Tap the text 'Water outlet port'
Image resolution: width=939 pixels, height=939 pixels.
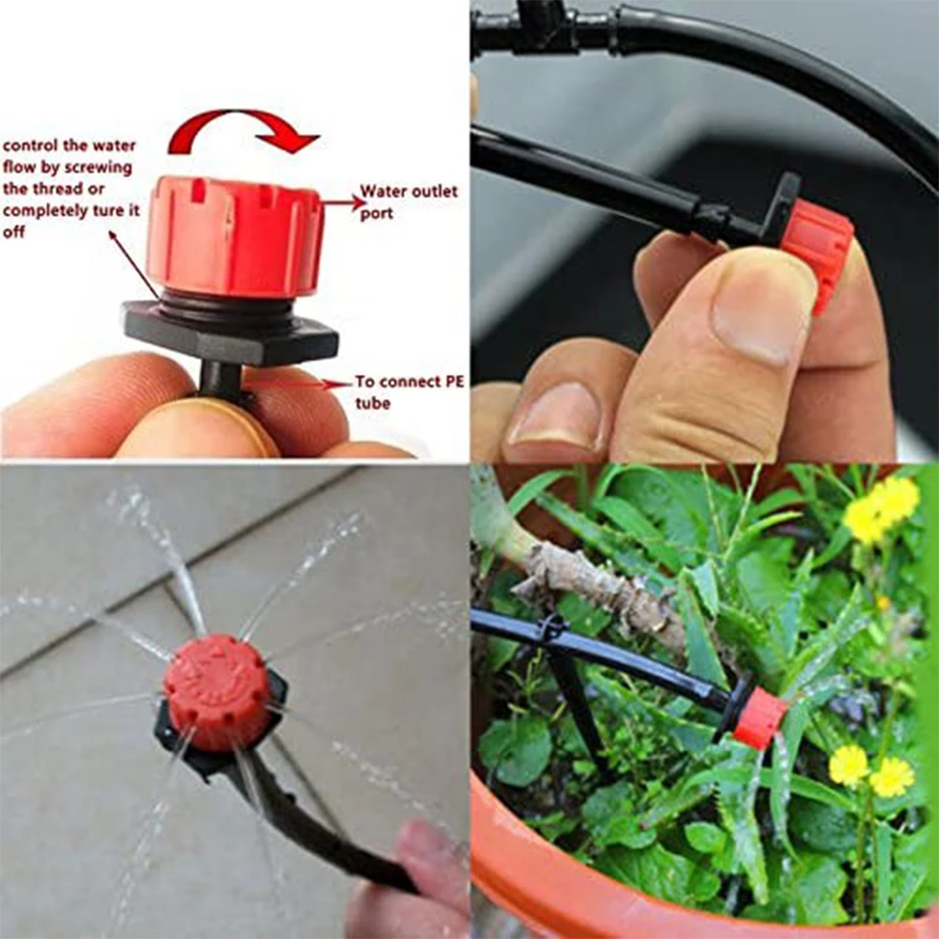[x=408, y=201]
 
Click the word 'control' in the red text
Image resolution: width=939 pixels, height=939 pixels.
[x=31, y=146]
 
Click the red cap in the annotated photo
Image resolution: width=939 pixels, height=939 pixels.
[x=235, y=235]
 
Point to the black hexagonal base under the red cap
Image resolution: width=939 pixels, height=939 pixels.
[x=230, y=332]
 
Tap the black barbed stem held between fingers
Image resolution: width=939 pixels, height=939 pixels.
[x=222, y=379]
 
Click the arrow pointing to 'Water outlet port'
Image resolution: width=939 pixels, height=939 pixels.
[x=343, y=200]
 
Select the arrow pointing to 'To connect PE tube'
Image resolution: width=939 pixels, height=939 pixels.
[x=300, y=383]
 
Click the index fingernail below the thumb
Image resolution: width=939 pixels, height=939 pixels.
[x=554, y=413]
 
